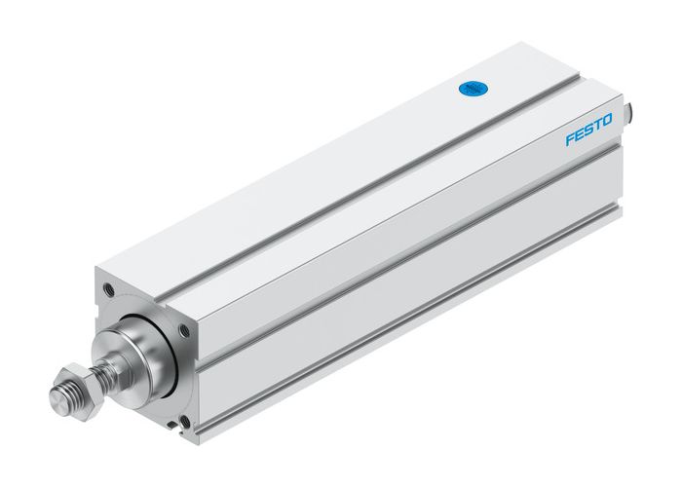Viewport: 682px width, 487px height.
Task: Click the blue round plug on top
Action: [472, 89]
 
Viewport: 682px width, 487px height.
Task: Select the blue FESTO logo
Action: [588, 131]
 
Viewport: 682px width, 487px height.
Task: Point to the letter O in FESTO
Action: [607, 121]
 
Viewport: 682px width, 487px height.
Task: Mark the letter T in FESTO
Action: [597, 126]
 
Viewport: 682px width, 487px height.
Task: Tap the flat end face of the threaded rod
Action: [57, 398]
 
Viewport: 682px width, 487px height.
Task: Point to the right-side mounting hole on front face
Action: [184, 331]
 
